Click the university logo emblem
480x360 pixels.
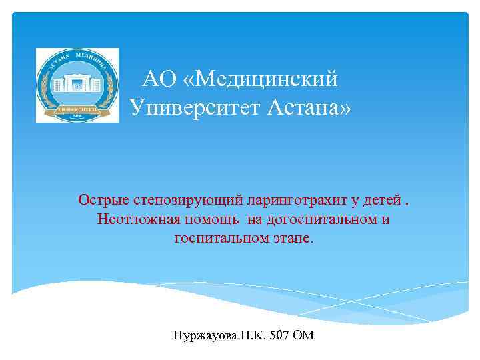click(77, 85)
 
